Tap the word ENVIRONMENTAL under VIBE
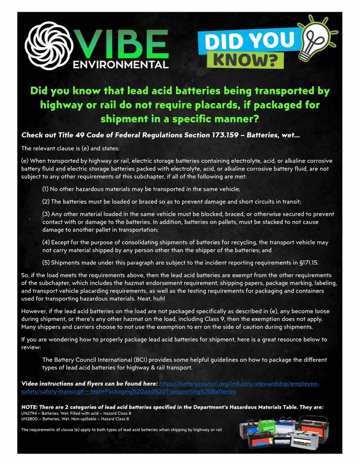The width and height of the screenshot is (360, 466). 121,65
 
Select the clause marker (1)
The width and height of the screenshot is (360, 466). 45,189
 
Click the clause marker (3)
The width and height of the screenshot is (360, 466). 45,214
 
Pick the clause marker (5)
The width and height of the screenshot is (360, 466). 45,263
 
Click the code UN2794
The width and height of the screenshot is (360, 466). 29,413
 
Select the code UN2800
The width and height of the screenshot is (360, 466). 29,419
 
